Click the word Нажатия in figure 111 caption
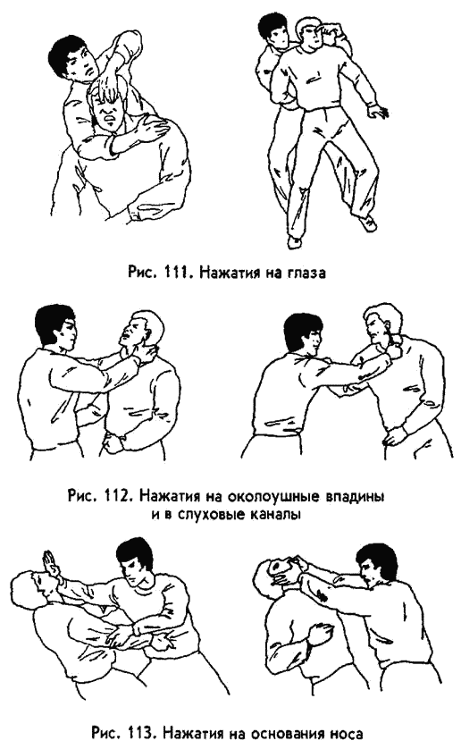click(227, 274)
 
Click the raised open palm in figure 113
click(52, 565)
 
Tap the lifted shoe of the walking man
click(370, 223)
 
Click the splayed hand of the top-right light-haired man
click(379, 111)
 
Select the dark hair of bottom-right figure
click(376, 560)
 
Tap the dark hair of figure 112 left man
click(54, 322)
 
